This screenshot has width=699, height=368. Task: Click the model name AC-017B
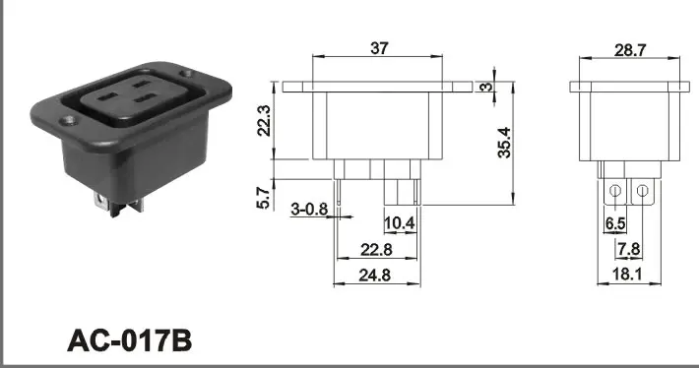[x=128, y=339]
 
